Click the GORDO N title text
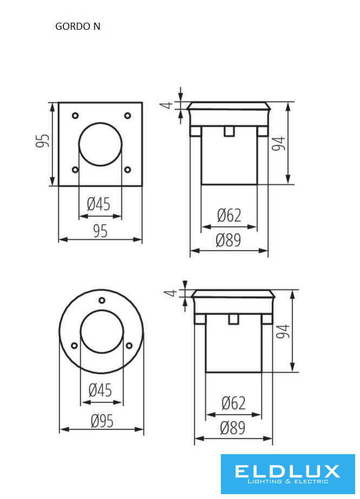[x=77, y=26]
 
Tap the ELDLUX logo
[x=288, y=474]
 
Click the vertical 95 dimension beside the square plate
[x=42, y=141]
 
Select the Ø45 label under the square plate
[x=99, y=204]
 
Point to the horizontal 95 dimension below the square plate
[x=100, y=231]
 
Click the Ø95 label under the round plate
[x=102, y=421]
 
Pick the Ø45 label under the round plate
[x=100, y=390]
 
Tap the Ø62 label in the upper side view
[x=229, y=215]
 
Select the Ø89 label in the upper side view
[x=228, y=240]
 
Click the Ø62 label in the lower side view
[x=234, y=403]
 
